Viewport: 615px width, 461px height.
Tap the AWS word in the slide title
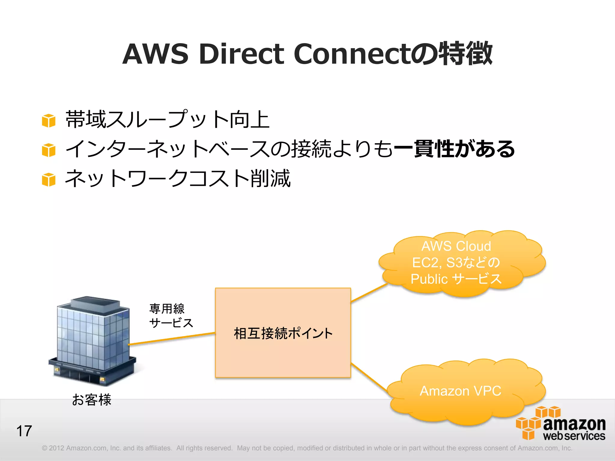155,54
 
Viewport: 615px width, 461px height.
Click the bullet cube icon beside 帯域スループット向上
49,121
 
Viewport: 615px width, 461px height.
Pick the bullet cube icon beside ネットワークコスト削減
49,179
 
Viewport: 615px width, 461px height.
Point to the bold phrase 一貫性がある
454,149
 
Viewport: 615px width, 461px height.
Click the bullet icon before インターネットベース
49,150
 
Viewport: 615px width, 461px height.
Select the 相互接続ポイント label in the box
283,333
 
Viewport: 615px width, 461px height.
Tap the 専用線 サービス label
171,316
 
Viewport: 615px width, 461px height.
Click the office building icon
93,341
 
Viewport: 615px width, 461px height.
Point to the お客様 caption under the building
92,400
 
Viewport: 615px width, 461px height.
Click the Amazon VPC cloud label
460,391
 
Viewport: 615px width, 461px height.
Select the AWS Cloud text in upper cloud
456,246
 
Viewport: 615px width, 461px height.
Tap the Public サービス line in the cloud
456,279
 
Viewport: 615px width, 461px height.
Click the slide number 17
24,431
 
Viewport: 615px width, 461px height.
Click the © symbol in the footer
44,448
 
